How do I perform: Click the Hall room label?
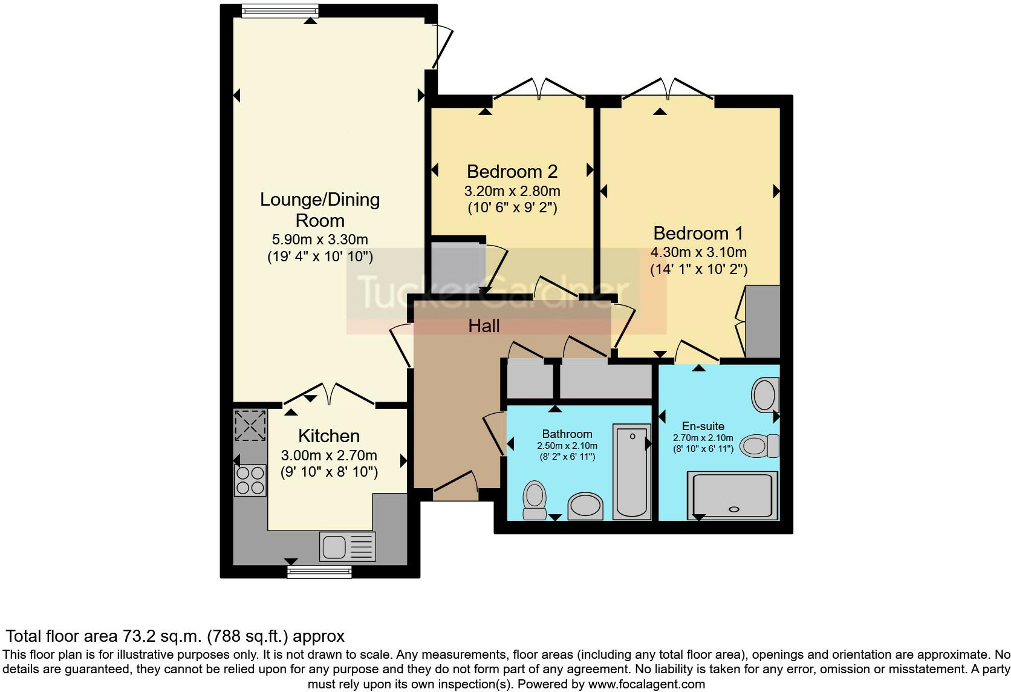pyautogui.click(x=484, y=326)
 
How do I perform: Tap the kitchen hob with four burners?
pyautogui.click(x=250, y=480)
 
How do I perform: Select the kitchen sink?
pyautogui.click(x=347, y=546)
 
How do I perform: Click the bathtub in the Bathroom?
pyautogui.click(x=632, y=471)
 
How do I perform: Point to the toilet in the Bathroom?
pyautogui.click(x=534, y=500)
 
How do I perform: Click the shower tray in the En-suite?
pyautogui.click(x=733, y=495)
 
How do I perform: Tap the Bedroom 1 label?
pyautogui.click(x=698, y=233)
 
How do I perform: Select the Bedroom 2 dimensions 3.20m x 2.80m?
pyautogui.click(x=512, y=191)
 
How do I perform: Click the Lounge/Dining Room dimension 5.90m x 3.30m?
pyautogui.click(x=320, y=240)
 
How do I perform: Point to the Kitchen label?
pyautogui.click(x=329, y=436)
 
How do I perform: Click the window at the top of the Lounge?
pyautogui.click(x=279, y=10)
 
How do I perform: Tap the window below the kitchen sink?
pyautogui.click(x=319, y=572)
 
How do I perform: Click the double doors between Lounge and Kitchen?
pyautogui.click(x=328, y=394)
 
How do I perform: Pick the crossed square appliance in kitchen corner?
pyautogui.click(x=250, y=425)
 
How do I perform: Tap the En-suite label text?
pyautogui.click(x=703, y=426)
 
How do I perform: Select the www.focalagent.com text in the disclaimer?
pyautogui.click(x=647, y=684)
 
